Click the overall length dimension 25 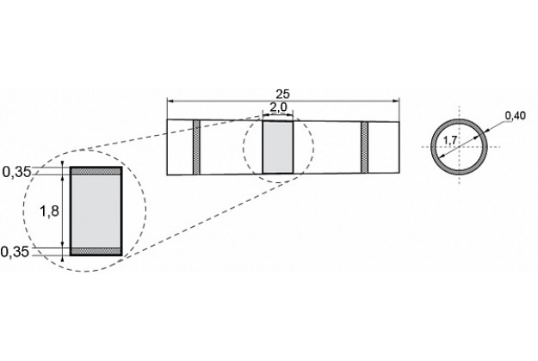click(282, 94)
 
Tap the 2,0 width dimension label click(278, 107)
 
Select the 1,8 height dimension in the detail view click(49, 211)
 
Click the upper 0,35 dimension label click(16, 172)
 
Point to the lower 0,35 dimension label click(15, 252)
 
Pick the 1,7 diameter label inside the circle click(449, 140)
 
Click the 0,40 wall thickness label click(516, 116)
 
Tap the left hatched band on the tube click(196, 147)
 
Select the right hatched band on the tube click(364, 147)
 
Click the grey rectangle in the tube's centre click(278, 147)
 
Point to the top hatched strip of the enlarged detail click(96, 171)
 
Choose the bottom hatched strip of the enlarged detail click(96, 251)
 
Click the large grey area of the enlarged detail click(96, 211)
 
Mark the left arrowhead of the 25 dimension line click(170, 101)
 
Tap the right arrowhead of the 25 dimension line click(397, 101)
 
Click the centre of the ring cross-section click(459, 147)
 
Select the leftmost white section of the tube click(180, 147)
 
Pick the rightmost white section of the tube click(384, 147)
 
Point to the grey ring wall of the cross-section click(459, 121)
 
